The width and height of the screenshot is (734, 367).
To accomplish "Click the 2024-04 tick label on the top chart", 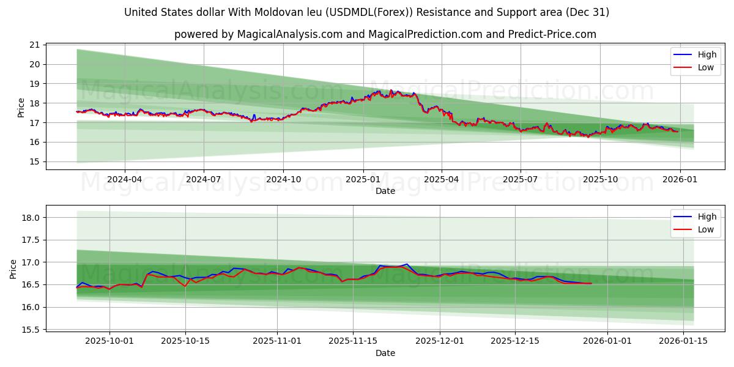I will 125,180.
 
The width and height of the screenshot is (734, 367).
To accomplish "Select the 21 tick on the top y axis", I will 34,45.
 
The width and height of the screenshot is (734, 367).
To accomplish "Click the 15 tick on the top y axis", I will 34,161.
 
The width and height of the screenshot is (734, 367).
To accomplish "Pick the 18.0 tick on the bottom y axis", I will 30,218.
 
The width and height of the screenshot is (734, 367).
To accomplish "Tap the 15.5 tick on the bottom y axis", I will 30,330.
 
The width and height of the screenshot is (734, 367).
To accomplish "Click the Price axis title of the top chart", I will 21,108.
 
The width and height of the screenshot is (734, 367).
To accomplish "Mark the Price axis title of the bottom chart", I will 13,269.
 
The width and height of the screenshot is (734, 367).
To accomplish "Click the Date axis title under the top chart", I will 385,191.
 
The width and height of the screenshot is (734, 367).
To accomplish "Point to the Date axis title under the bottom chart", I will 385,353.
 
